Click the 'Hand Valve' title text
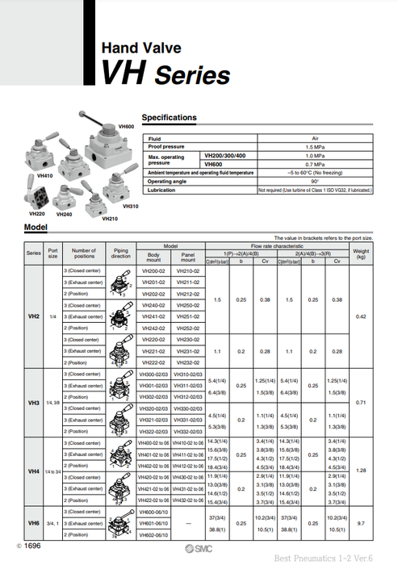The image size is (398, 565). (140, 48)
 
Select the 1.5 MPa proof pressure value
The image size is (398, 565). (315, 147)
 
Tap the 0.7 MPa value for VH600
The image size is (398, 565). (315, 164)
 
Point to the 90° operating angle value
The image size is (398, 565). (315, 181)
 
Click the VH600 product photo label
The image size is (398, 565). (126, 126)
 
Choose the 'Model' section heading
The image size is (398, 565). (36, 228)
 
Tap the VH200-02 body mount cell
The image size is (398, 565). (153, 271)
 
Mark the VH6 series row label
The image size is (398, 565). (33, 523)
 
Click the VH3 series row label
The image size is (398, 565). (33, 402)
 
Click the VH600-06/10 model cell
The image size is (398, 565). (153, 512)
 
